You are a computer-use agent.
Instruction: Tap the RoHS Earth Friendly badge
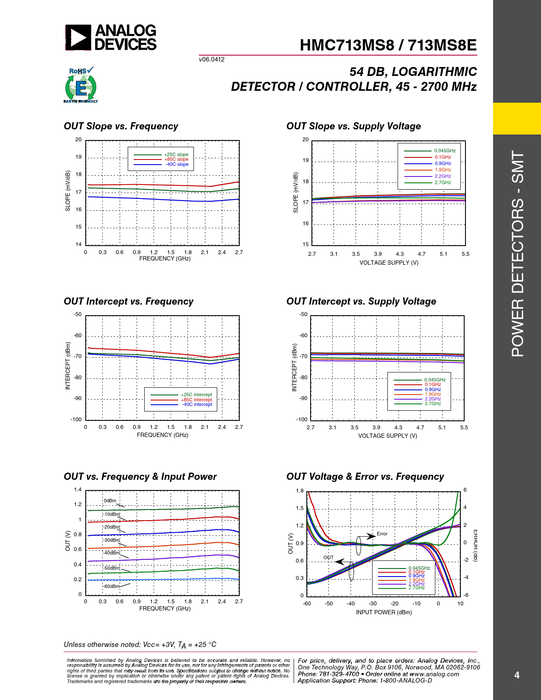tap(81, 85)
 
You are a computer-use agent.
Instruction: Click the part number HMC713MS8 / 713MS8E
tap(388, 45)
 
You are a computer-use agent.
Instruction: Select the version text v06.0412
tap(211, 59)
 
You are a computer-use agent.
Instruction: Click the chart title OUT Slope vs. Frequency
tap(121, 126)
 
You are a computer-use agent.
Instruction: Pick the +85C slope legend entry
tap(176, 160)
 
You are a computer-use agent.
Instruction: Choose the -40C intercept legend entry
tap(197, 405)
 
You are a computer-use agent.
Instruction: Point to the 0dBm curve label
tap(110, 501)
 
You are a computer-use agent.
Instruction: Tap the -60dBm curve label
tap(112, 586)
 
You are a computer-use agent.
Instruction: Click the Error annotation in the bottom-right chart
tap(382, 534)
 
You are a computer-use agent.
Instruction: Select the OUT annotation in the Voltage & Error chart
tap(328, 557)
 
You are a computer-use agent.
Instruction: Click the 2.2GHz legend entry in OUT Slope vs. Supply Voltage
tap(443, 176)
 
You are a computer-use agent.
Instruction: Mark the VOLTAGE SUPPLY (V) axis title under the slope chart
tap(389, 263)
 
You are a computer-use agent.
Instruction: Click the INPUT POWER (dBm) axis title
tap(384, 612)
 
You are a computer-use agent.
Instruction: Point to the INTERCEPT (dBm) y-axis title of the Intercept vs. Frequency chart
tap(67, 366)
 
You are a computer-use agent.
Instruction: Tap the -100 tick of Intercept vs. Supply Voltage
tap(302, 419)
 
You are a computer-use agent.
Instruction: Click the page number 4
tap(516, 675)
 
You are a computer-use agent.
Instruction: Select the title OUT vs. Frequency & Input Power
tap(140, 476)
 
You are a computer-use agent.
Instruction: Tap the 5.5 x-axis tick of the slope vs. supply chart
tap(465, 254)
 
